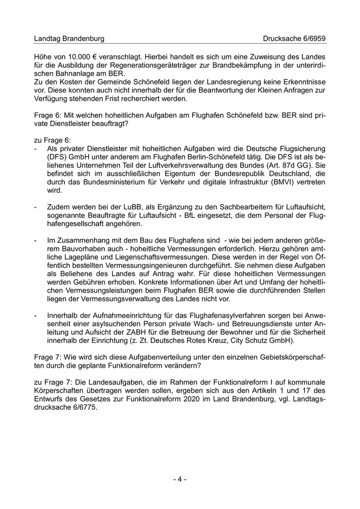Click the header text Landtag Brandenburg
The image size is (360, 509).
click(68, 39)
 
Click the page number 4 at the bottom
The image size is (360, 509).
click(180, 479)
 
